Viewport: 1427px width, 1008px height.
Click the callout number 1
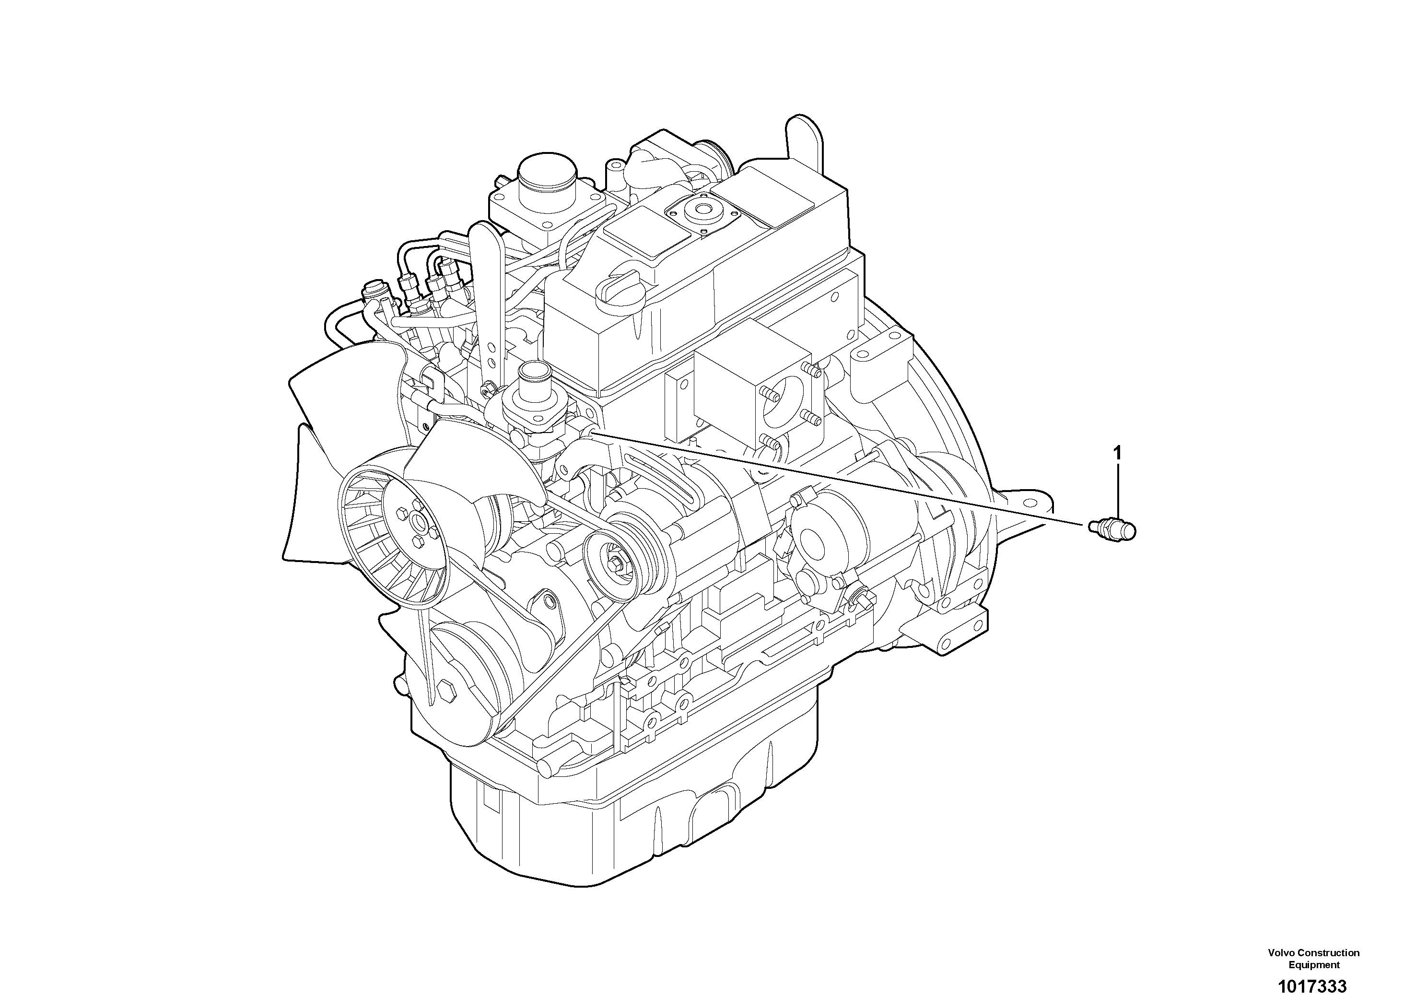coord(1118,454)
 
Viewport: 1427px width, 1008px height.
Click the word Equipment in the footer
coord(1314,965)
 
